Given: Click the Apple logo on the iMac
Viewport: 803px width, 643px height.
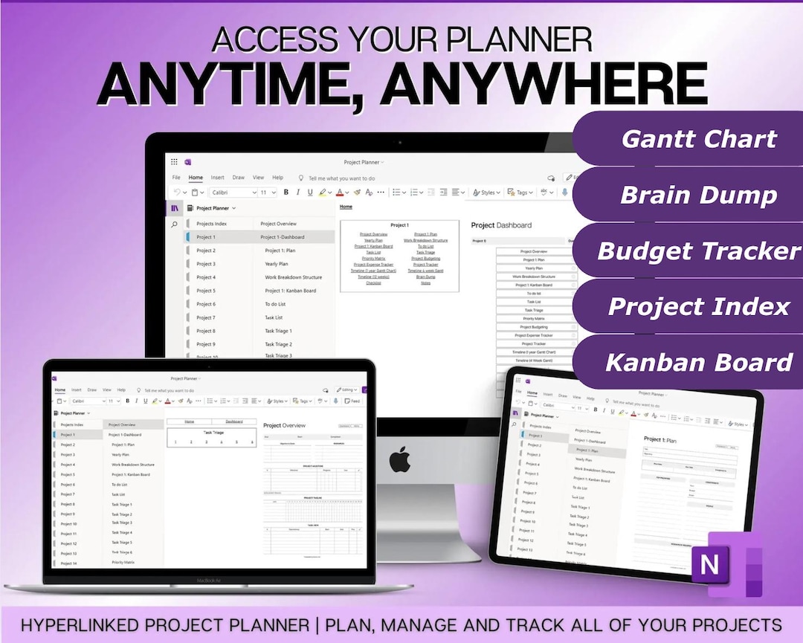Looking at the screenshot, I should click(x=400, y=459).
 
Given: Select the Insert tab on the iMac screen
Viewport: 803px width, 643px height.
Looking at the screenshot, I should click(x=217, y=178).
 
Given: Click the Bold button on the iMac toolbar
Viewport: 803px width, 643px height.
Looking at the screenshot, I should click(x=286, y=193).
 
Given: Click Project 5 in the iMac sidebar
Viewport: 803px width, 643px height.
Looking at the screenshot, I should click(x=206, y=291).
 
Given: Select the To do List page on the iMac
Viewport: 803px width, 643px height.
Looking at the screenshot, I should click(x=275, y=304).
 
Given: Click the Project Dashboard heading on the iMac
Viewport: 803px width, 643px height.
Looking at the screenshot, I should click(x=501, y=225).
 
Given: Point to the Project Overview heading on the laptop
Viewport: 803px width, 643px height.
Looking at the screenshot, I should click(x=284, y=426).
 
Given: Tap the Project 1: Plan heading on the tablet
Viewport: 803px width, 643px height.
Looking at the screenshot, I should click(x=660, y=440).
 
